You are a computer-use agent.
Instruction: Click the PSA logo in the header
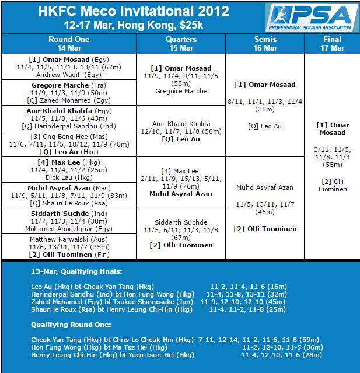coord(312,18)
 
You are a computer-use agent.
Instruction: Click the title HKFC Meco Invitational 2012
coord(134,11)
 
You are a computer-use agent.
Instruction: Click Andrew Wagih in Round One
coord(69,75)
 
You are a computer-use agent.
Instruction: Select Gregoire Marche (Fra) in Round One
coord(69,85)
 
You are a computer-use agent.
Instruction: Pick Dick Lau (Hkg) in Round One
coord(69,177)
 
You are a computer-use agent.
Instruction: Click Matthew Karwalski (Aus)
coord(69,239)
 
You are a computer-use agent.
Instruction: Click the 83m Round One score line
coord(69,196)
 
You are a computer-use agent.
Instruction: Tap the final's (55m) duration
coord(331,165)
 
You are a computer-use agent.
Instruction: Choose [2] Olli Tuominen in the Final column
coord(331,185)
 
